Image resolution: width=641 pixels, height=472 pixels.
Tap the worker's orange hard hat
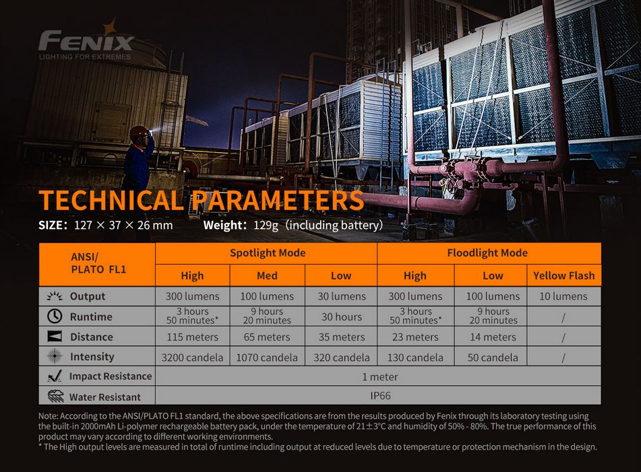point(139,131)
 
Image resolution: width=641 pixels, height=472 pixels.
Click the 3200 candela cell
point(192,358)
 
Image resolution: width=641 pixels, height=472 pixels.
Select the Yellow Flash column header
point(563,275)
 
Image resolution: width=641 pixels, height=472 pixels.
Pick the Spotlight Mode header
point(268,252)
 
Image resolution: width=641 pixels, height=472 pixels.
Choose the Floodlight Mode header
point(487,252)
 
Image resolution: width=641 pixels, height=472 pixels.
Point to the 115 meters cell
point(192,337)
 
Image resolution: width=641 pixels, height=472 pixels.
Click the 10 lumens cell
point(563,296)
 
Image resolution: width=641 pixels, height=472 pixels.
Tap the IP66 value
point(380,396)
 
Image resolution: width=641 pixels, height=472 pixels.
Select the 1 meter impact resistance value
point(379,377)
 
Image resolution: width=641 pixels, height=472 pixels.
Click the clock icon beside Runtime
point(55,316)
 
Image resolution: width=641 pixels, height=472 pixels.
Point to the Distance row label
point(91,337)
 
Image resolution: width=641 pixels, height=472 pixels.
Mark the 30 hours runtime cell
point(342,317)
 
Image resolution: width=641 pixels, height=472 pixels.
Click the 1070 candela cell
point(267,358)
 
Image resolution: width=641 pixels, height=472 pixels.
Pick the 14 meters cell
point(493,337)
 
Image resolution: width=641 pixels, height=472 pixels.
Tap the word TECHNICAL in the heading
point(111,201)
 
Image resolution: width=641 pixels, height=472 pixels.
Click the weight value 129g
point(266,226)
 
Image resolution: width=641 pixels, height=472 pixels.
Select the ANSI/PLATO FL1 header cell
point(98,263)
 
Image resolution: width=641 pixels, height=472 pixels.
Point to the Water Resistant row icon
point(55,396)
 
